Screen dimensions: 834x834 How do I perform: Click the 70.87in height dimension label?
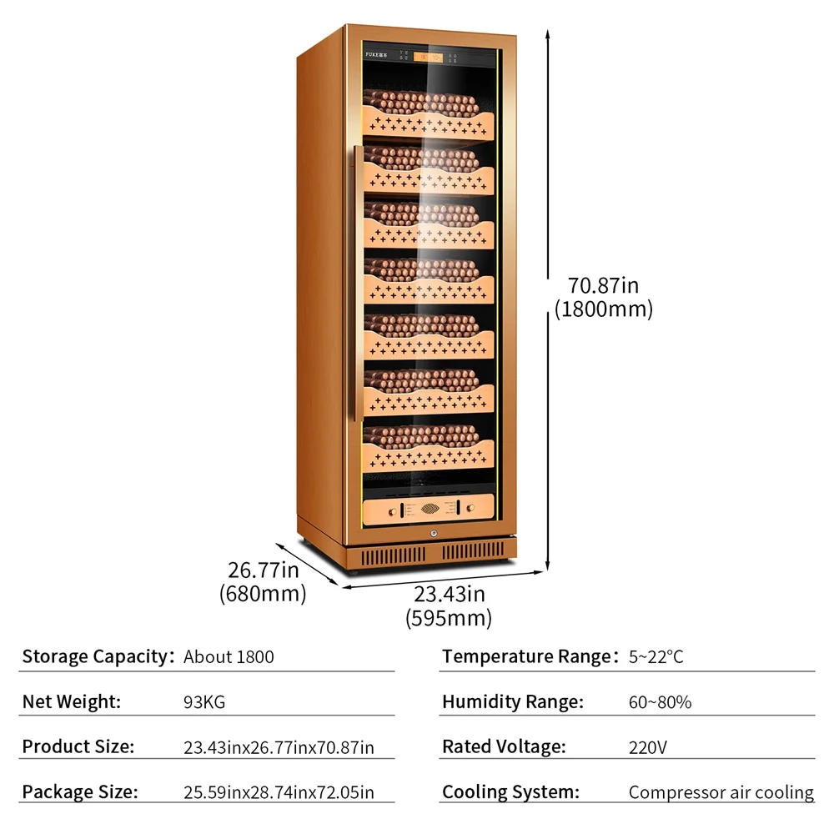pos(603,286)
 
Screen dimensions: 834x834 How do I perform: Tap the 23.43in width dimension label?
pos(449,595)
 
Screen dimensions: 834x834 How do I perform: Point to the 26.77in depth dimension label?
pos(263,571)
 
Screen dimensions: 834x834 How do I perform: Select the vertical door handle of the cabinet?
pos(356,284)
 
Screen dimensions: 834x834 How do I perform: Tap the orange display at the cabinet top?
pos(429,58)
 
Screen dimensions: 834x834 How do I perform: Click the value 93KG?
pos(203,702)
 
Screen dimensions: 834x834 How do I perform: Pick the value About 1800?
pos(229,657)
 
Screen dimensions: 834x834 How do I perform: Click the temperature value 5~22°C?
pos(656,657)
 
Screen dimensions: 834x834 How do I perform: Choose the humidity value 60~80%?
pos(660,702)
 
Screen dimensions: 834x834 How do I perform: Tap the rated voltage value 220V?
pos(647,747)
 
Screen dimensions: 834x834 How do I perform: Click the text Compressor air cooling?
pos(721,792)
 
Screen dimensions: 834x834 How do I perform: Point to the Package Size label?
pos(80,791)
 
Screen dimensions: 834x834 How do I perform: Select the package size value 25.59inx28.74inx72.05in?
pos(279,792)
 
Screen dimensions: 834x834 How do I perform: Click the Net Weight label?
pos(72,702)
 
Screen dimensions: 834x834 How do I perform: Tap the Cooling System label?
pos(510,791)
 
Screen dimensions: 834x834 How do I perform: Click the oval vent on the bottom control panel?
pos(429,506)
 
